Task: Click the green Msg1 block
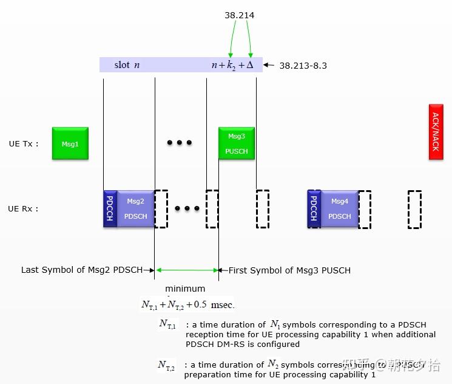tap(70, 143)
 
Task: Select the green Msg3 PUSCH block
tap(237, 143)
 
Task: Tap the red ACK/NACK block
tap(436, 135)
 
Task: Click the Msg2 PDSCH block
tap(135, 208)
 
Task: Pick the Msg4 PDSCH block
tap(339, 208)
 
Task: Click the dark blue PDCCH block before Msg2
tap(110, 208)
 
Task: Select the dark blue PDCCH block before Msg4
tap(314, 208)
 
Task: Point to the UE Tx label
tap(24, 144)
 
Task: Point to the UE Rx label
tap(24, 209)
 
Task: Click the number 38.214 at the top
tap(239, 15)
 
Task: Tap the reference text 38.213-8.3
tap(303, 66)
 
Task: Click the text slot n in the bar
tap(127, 64)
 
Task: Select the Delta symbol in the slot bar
tap(249, 64)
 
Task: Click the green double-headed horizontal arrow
tap(187, 270)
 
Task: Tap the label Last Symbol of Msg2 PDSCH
tap(82, 270)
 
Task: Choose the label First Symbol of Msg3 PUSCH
tap(289, 270)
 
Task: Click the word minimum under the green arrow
tap(185, 289)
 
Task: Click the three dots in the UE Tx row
tap(180, 143)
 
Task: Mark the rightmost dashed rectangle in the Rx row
tap(414, 210)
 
